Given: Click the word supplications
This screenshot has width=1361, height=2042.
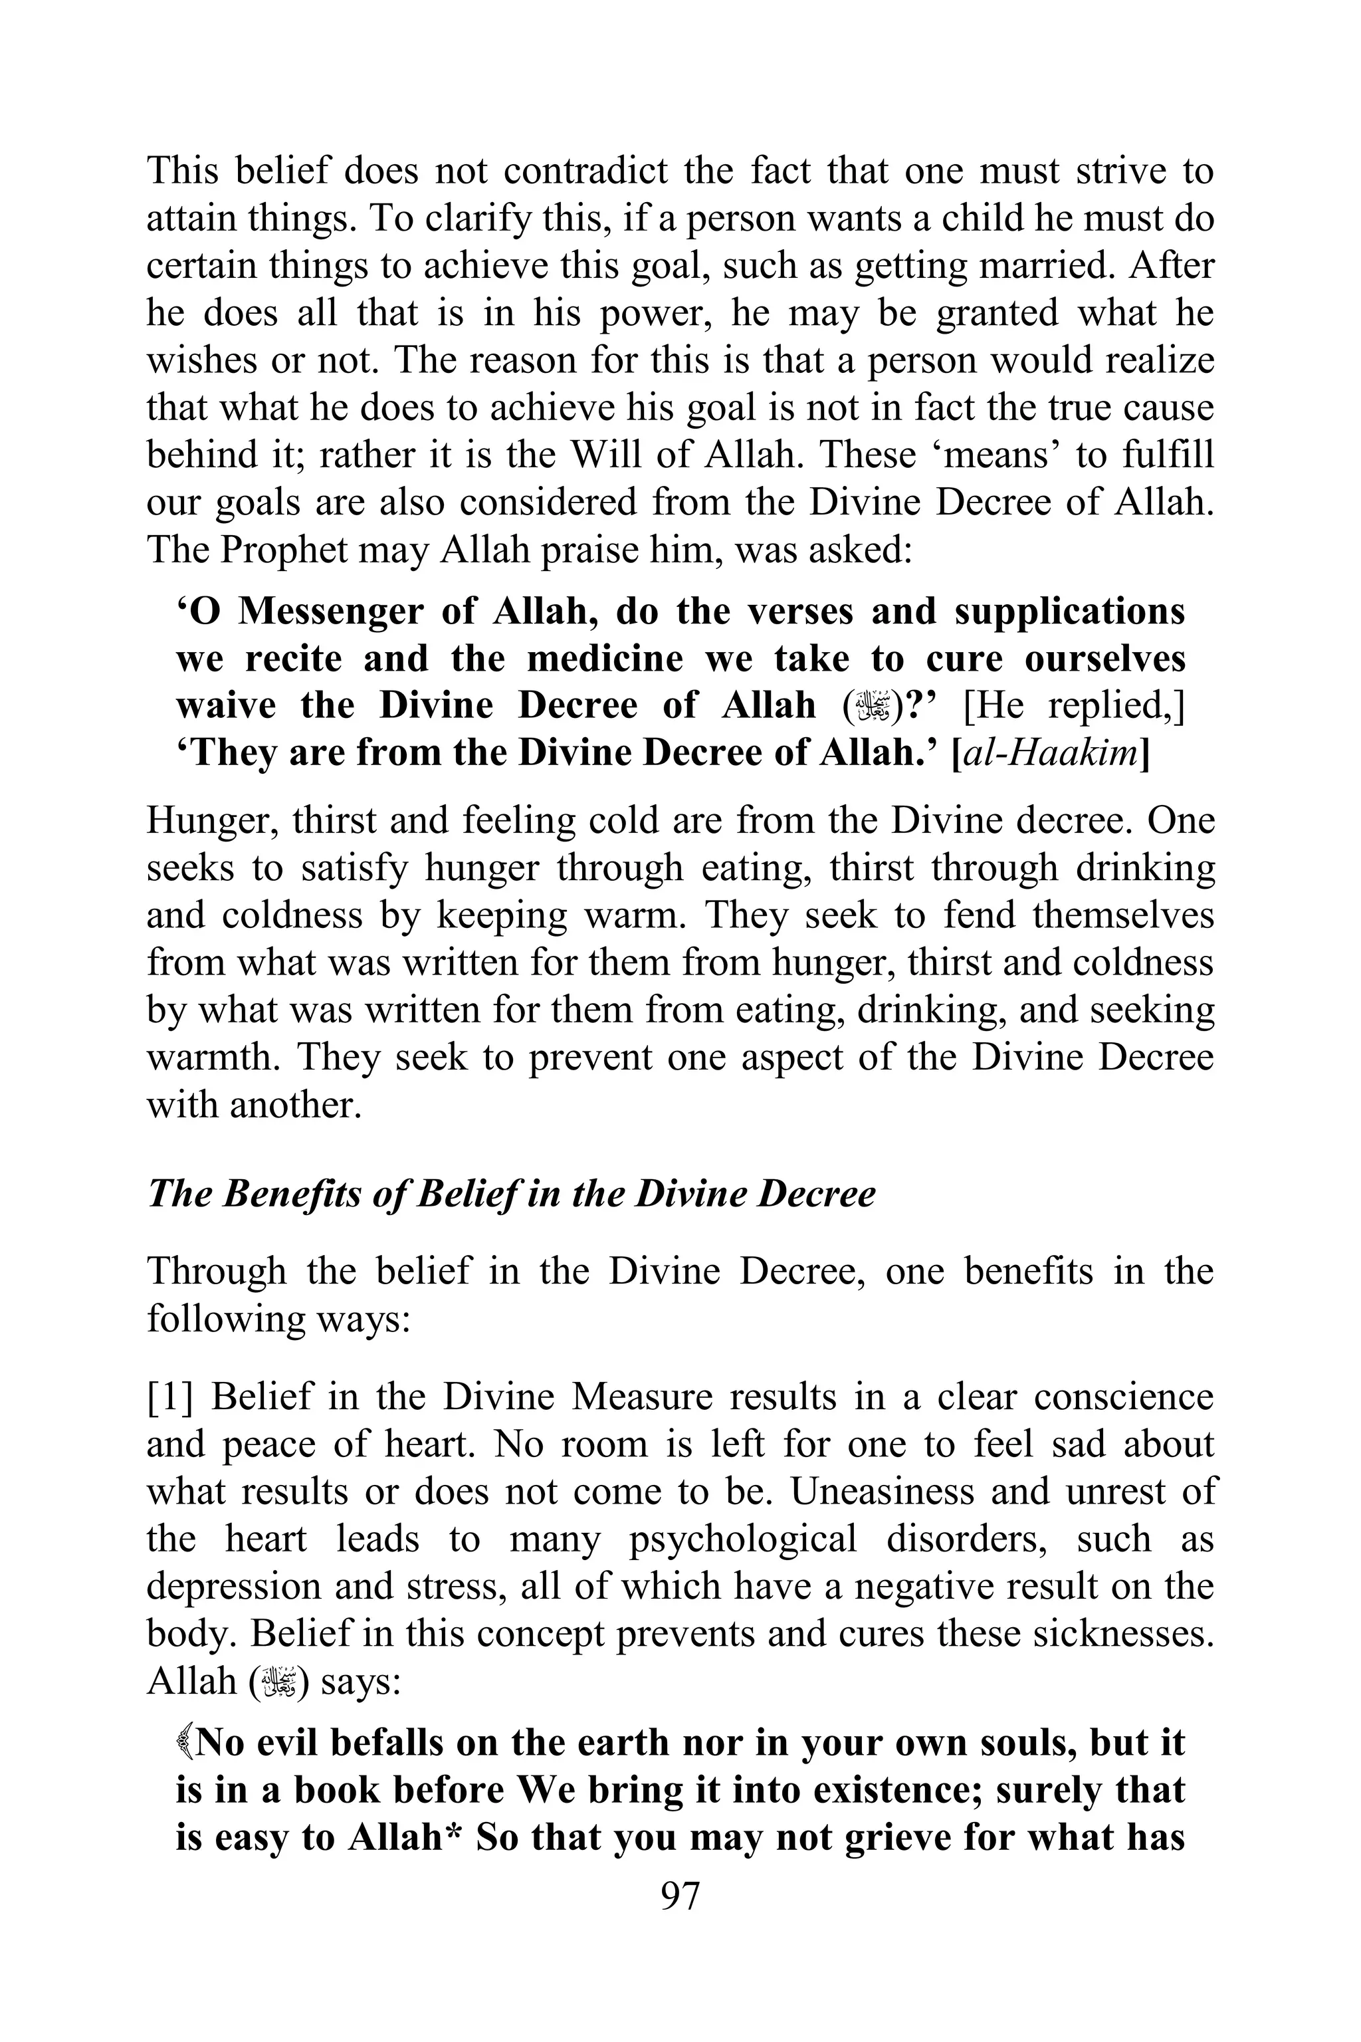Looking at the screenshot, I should tap(1069, 612).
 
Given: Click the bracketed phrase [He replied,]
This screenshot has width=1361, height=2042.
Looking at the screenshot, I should tap(1075, 706).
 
